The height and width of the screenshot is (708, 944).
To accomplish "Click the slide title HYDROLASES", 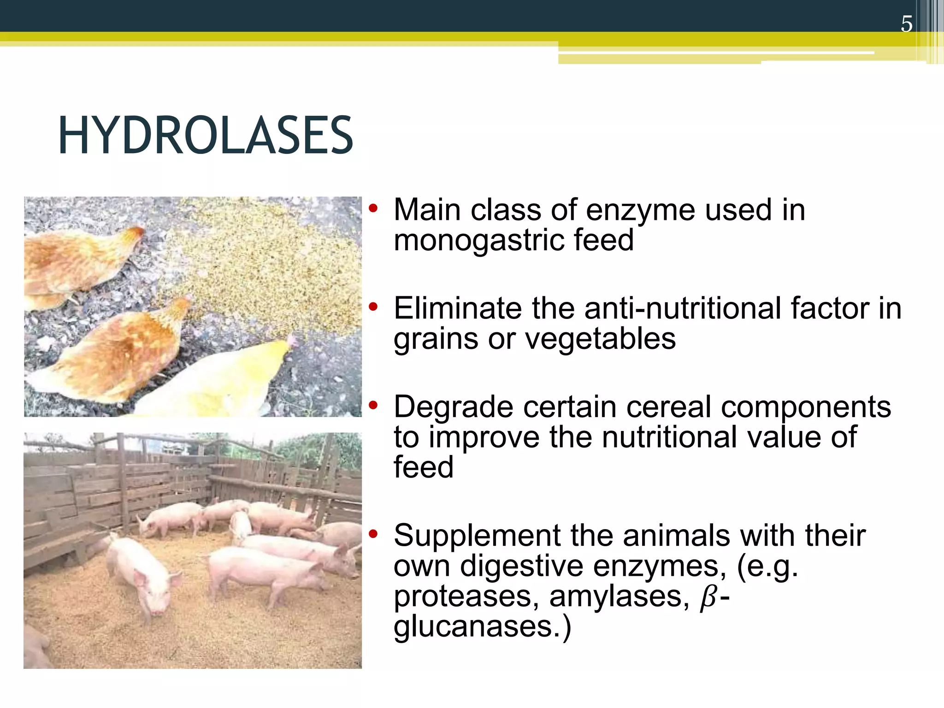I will [206, 136].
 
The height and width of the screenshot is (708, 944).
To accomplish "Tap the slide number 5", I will [906, 24].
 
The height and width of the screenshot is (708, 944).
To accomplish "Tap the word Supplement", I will [478, 536].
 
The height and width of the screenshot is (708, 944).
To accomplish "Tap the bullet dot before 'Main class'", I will [373, 208].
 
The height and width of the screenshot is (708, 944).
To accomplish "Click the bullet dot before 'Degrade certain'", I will [373, 406].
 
